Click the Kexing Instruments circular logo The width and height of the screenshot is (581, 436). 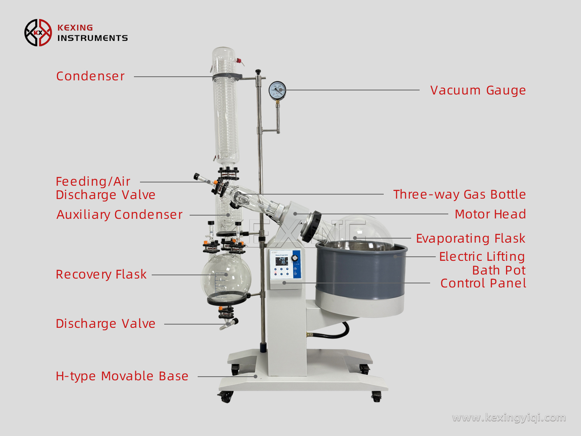(x=38, y=33)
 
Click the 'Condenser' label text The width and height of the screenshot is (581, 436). (x=90, y=76)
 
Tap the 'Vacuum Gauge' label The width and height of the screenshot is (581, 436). (x=478, y=90)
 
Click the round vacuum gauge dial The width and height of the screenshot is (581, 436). (x=277, y=90)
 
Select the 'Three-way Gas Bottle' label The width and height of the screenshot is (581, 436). (x=459, y=195)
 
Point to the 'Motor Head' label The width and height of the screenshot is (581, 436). (x=490, y=214)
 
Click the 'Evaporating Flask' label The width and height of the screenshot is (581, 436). (x=470, y=239)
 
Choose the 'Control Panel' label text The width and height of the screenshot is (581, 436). (x=483, y=283)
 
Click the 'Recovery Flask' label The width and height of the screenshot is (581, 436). (x=101, y=275)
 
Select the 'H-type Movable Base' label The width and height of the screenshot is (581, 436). (x=122, y=376)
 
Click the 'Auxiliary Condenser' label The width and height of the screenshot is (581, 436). (x=119, y=215)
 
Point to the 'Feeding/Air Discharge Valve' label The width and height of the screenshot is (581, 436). (x=105, y=188)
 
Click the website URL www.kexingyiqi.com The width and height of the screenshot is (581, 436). (x=509, y=417)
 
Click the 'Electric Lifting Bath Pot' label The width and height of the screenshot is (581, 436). (x=482, y=263)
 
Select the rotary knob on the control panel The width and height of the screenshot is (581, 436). (x=295, y=258)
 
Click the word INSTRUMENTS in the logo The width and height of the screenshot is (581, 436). (x=92, y=38)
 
